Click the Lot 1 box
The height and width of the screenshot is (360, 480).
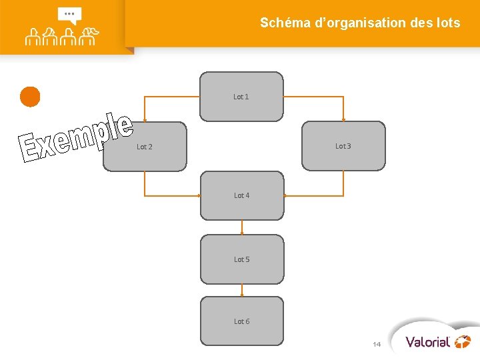click(x=241, y=97)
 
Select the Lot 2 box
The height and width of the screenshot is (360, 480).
click(x=145, y=147)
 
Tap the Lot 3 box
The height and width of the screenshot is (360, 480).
click(x=343, y=146)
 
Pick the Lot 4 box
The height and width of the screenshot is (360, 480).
click(x=242, y=195)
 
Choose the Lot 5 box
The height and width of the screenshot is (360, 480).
click(x=242, y=259)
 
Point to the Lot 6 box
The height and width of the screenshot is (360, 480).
click(x=242, y=321)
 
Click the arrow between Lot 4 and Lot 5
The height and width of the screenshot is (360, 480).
click(x=242, y=227)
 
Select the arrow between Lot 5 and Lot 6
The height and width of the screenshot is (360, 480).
click(x=242, y=290)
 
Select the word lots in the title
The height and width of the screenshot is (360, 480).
click(x=447, y=23)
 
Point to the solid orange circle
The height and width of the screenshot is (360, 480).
click(x=30, y=97)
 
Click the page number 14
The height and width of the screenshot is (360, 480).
click(x=377, y=344)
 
